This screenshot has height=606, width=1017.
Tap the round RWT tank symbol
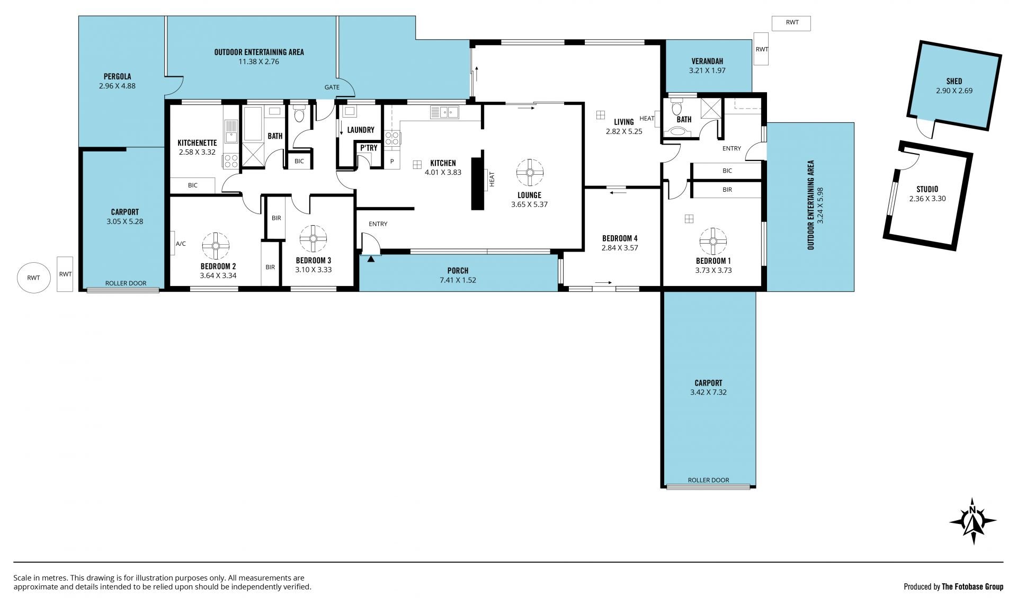33,278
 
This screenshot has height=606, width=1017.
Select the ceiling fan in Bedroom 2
216,245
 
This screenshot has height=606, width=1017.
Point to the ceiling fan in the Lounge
529,172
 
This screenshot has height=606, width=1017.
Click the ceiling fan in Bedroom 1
713,242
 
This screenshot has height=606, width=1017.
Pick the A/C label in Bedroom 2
181,244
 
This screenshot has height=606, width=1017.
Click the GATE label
332,87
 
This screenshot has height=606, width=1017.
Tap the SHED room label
954,81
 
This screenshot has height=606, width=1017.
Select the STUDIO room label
927,189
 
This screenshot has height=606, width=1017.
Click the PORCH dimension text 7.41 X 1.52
458,280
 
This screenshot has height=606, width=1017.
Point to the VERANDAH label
707,61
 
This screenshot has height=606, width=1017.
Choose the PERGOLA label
117,76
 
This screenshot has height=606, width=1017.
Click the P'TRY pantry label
369,148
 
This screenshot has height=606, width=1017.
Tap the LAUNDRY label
361,130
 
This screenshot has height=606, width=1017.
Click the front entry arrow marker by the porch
371,259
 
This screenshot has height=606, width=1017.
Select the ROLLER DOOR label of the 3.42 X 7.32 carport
708,480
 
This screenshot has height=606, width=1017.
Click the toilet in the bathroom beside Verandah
676,109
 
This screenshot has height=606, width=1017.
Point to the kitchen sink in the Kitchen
444,112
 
